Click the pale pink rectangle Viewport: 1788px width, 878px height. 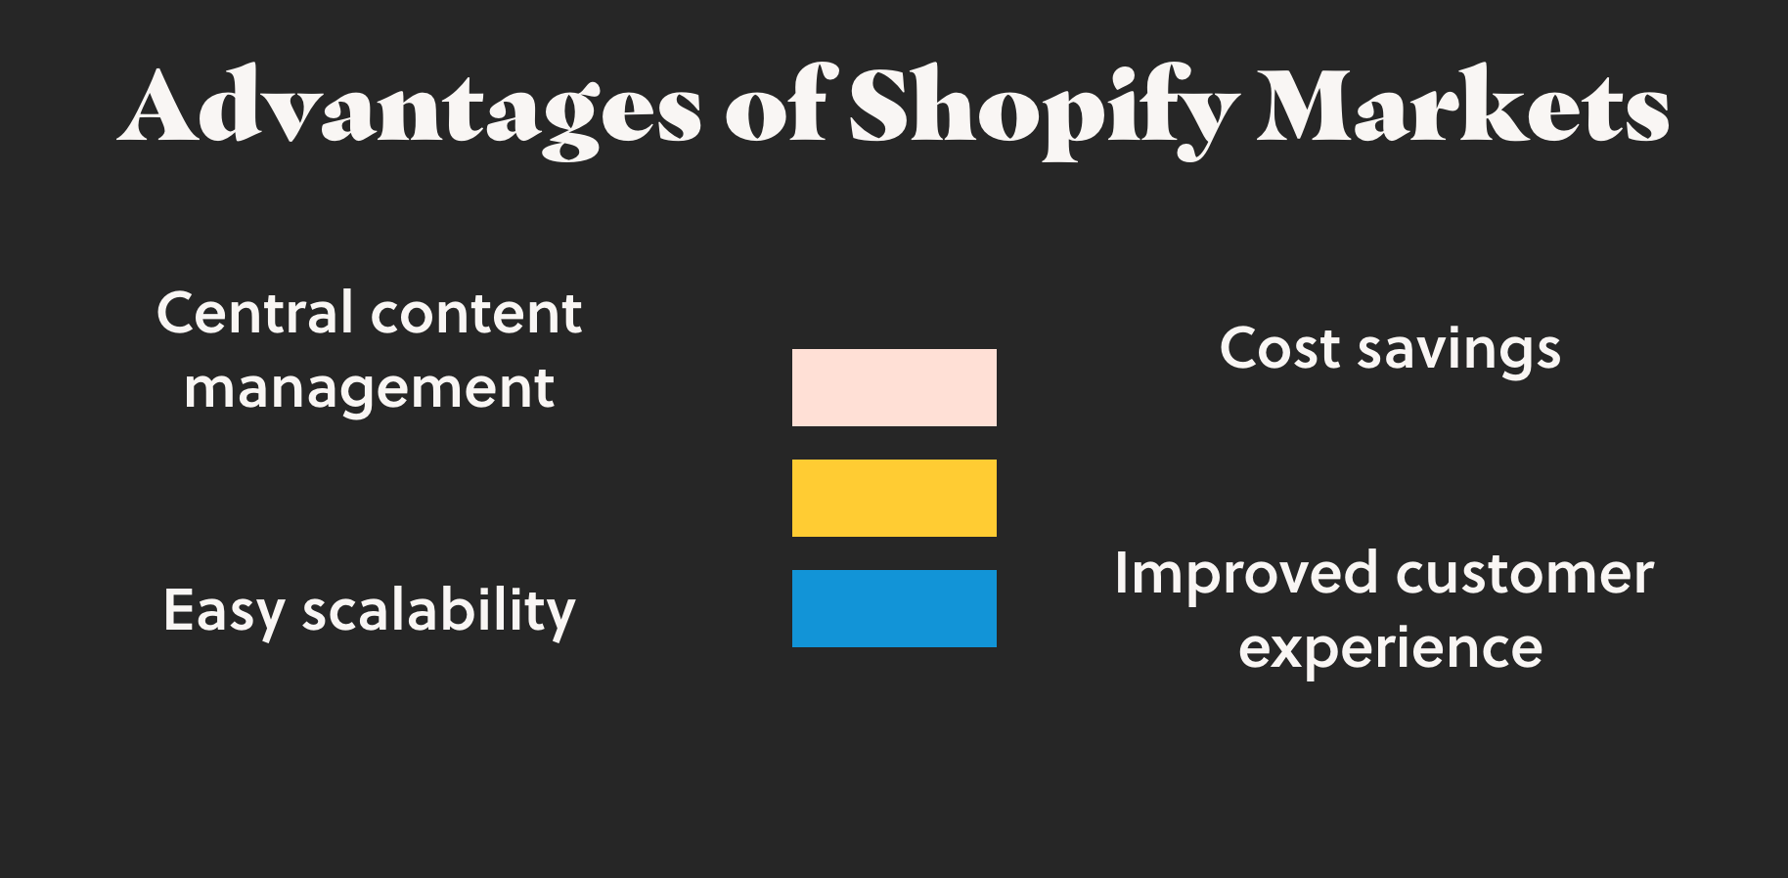pyautogui.click(x=894, y=387)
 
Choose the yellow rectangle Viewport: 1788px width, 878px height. pyautogui.click(x=894, y=498)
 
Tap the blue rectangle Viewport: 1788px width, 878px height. pyautogui.click(x=894, y=608)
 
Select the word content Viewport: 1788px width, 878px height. pyautogui.click(x=476, y=315)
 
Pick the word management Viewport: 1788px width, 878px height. pyautogui.click(x=370, y=390)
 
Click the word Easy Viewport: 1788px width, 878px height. pyautogui.click(x=224, y=612)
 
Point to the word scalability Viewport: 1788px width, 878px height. pyautogui.click(x=439, y=611)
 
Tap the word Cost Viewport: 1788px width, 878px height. pyautogui.click(x=1279, y=349)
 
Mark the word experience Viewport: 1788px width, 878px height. pyautogui.click(x=1391, y=651)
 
